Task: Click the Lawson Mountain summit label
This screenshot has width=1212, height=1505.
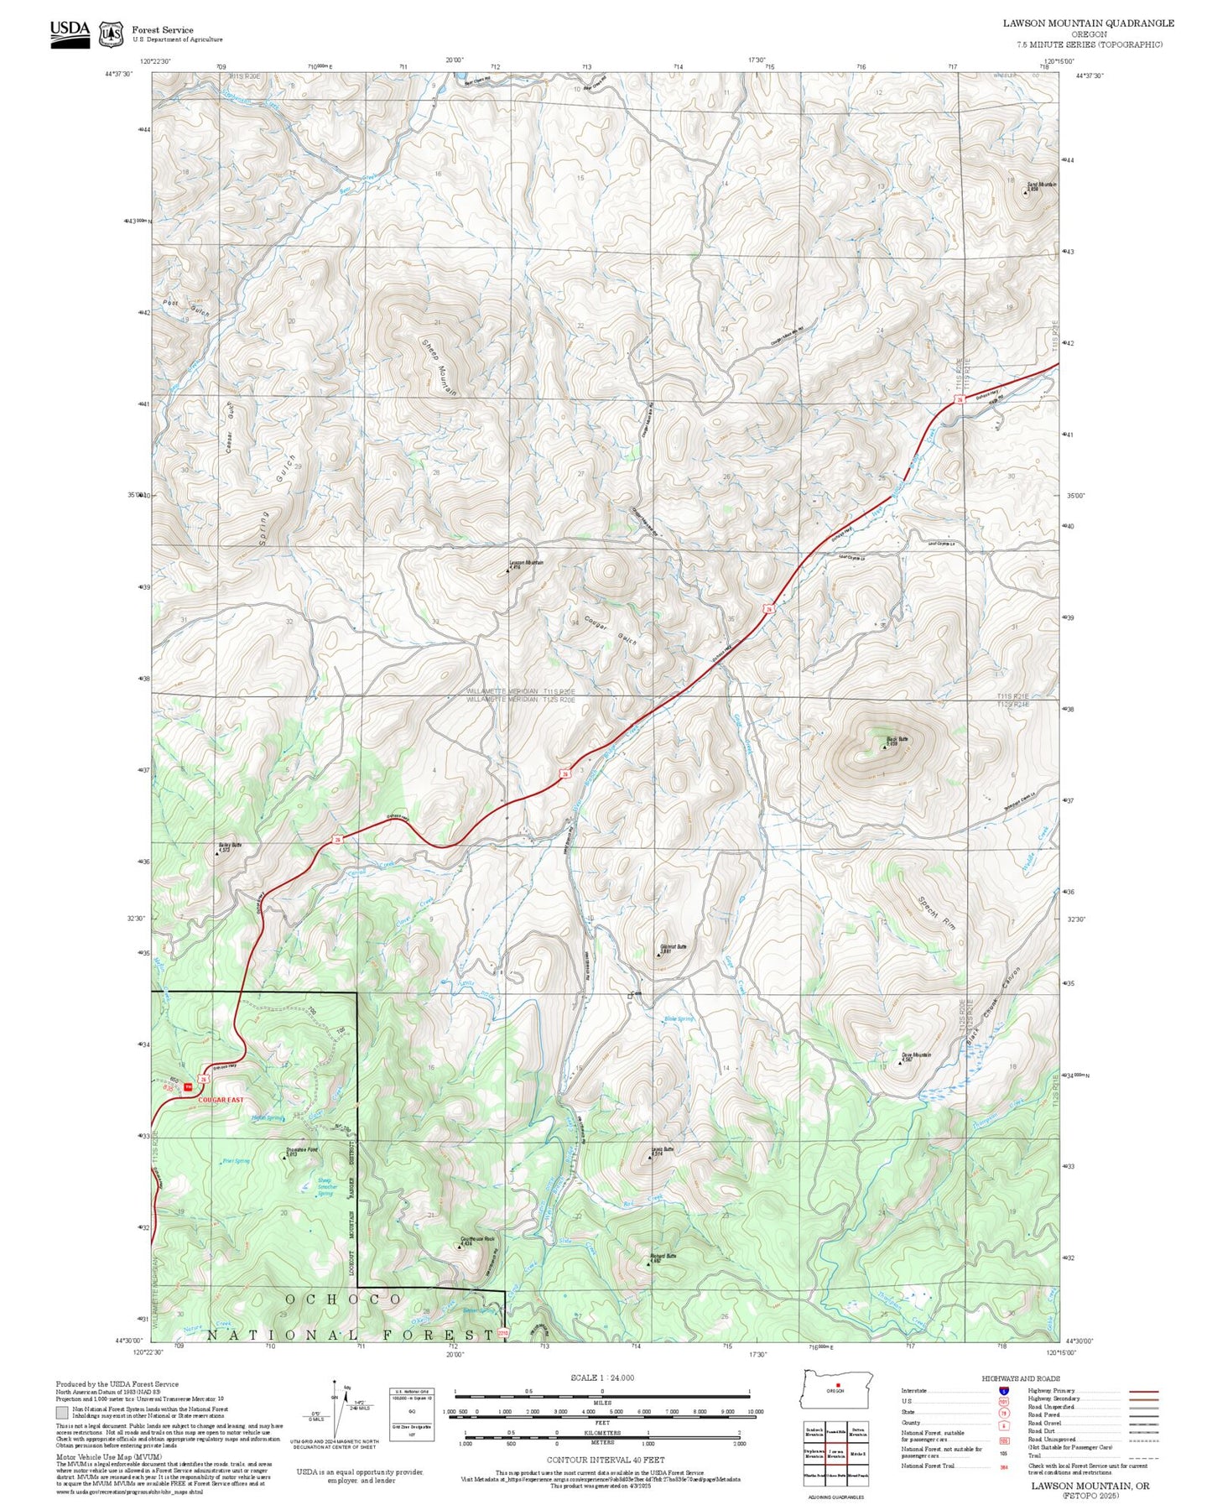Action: point(526,563)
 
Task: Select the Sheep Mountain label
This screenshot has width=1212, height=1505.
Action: point(439,367)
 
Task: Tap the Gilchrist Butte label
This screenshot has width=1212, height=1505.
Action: point(673,946)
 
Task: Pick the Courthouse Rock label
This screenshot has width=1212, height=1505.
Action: point(477,1239)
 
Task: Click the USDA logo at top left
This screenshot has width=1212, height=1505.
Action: point(70,34)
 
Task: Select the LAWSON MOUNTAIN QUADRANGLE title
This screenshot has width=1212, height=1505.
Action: point(1088,23)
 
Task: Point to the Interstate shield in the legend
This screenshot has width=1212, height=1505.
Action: point(1004,1390)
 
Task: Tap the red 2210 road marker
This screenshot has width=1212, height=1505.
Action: point(503,1333)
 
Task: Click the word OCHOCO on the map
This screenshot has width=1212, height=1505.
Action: point(344,1299)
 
